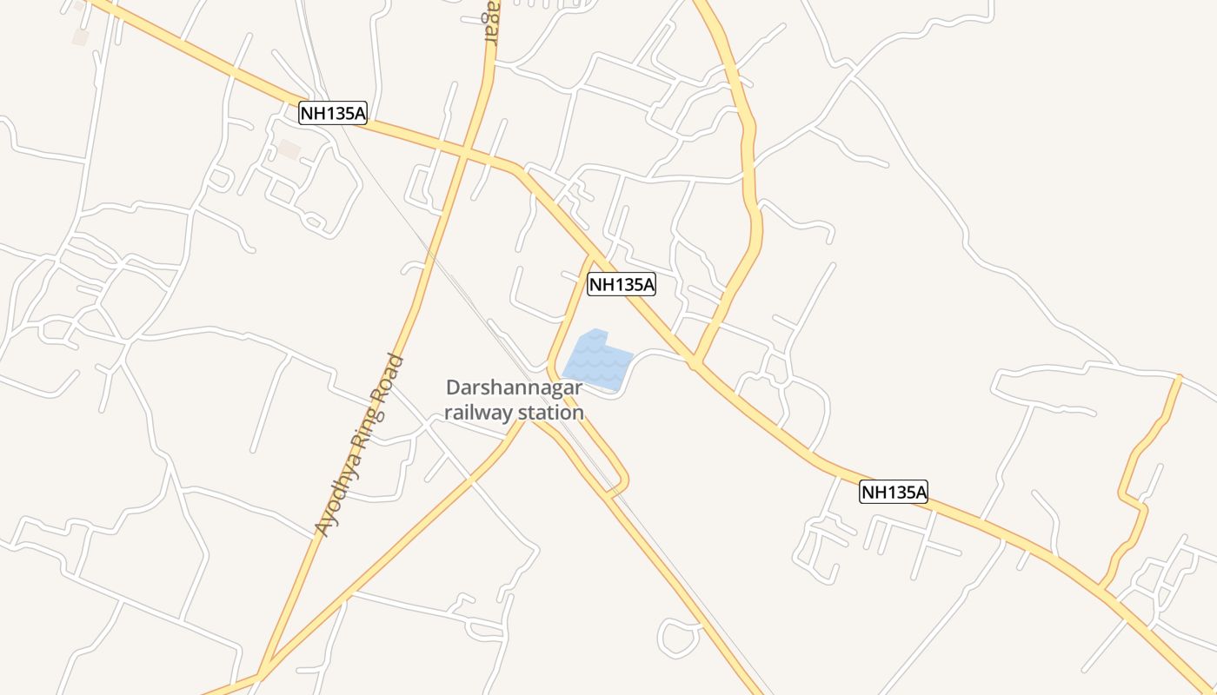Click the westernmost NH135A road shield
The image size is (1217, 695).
coord(333,113)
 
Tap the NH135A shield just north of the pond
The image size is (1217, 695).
coord(621,284)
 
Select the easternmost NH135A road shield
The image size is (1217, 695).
coord(894,493)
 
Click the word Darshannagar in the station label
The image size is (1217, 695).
coord(514,388)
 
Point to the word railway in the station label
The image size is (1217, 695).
coord(479,412)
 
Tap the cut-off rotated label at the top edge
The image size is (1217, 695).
coord(492,21)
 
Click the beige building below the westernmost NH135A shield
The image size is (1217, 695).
coord(289,149)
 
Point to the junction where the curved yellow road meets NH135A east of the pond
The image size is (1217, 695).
coord(695,363)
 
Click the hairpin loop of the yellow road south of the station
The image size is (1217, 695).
coord(621,483)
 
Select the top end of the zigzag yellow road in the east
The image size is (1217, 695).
coord(1179,377)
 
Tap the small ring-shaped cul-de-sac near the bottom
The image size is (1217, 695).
coord(679,638)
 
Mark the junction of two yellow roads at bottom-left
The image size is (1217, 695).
coord(261,674)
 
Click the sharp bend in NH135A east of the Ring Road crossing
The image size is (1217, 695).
coord(520,169)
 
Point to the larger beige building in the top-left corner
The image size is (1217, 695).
coord(80,37)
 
